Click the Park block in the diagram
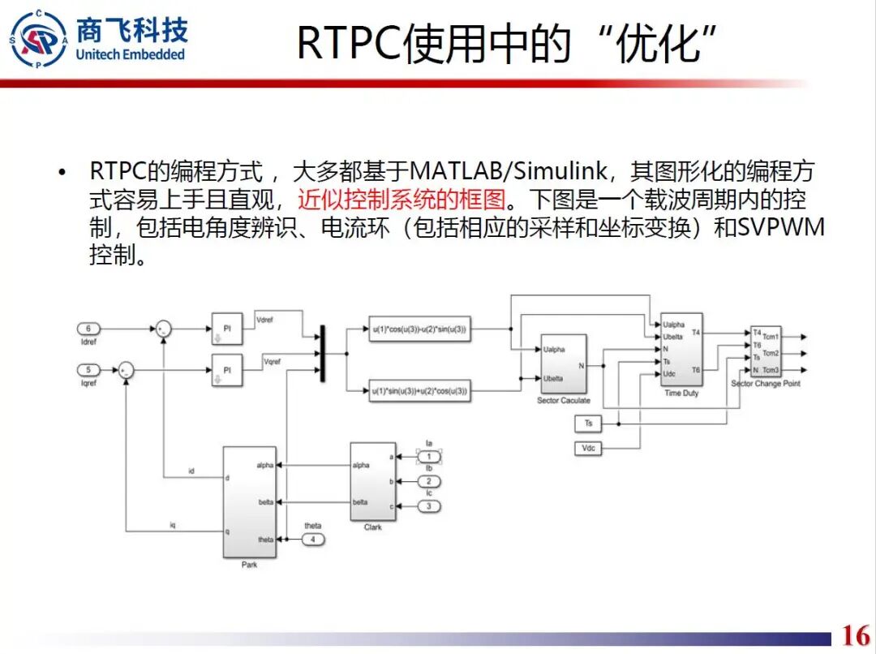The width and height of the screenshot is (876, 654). point(249,501)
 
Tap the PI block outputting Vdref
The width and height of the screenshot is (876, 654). point(227,328)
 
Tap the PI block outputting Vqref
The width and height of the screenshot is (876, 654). point(227,370)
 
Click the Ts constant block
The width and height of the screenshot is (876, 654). point(588,423)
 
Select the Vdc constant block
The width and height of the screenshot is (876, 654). point(589,448)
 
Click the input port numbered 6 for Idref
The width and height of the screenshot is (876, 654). point(88,329)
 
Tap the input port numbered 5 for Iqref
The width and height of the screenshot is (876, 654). point(88,370)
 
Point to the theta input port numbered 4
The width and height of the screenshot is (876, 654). point(313,539)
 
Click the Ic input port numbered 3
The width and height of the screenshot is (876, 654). point(429,506)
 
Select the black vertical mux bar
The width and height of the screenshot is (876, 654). point(323,352)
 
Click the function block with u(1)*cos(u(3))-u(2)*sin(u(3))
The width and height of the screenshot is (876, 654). point(420,329)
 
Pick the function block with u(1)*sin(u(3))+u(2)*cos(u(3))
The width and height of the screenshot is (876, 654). point(420,391)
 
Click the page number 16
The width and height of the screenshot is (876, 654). point(856,635)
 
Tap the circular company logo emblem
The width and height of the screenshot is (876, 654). point(38,39)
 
